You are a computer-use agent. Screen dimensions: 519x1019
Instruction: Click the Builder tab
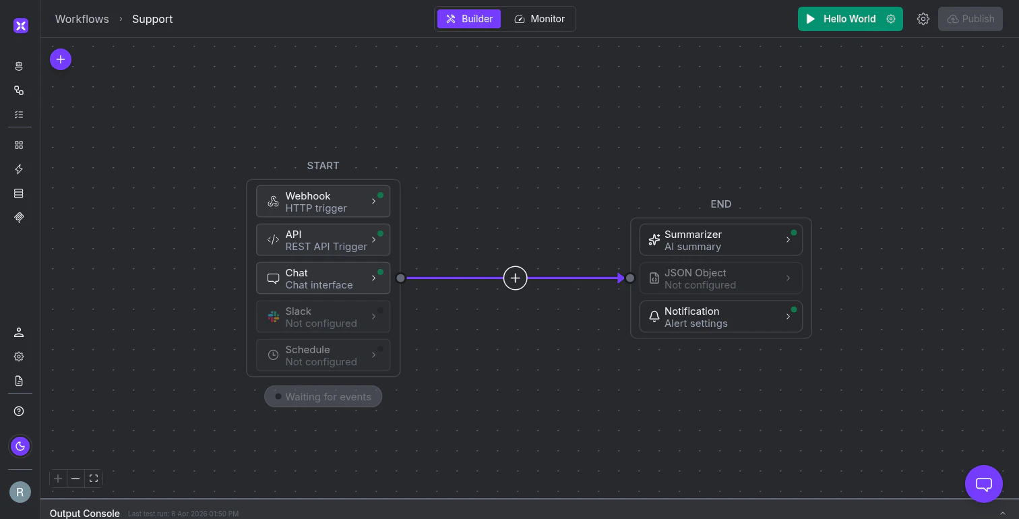tap(469, 19)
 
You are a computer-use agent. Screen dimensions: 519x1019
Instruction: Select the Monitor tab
tap(539, 19)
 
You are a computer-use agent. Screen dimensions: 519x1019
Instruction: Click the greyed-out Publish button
tap(970, 19)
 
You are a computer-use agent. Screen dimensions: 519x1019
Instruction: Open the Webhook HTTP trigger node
tap(323, 202)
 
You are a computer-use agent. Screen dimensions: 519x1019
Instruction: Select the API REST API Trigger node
tap(323, 240)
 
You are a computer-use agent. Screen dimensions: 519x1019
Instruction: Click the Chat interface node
tap(323, 278)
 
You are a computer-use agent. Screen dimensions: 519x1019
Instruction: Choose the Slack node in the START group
tap(323, 317)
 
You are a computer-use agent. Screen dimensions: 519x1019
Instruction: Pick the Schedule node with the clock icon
tap(323, 355)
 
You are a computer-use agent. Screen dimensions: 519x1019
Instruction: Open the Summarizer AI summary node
tap(720, 240)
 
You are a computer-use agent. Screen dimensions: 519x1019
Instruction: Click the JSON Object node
tap(720, 278)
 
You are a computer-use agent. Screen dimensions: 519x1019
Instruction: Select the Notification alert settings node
tap(720, 317)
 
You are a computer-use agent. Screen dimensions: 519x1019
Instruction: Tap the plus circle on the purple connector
tap(515, 278)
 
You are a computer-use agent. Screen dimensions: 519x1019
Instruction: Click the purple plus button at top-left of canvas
tap(61, 59)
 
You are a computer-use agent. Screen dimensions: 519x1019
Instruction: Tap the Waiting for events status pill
tap(323, 396)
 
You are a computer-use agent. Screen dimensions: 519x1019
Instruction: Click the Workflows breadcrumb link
tap(82, 19)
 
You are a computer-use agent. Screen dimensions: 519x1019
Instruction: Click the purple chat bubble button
tap(983, 484)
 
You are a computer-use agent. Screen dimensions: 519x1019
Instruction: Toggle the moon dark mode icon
tap(20, 446)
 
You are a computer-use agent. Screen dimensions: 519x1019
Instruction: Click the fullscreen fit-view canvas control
tap(94, 479)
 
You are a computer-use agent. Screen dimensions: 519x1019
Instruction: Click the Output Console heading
tap(85, 514)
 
